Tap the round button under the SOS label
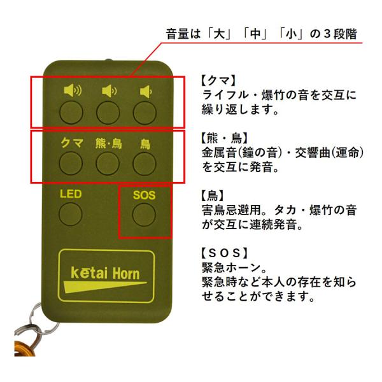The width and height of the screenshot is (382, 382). click(x=144, y=215)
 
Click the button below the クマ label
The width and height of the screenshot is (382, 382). click(x=71, y=163)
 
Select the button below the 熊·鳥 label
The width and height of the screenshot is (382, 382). click(x=108, y=163)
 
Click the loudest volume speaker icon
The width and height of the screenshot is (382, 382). click(x=73, y=90)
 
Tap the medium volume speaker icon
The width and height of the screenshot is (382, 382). click(x=109, y=91)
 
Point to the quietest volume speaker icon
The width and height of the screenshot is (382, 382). click(x=146, y=92)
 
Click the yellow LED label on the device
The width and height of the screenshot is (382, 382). click(x=71, y=194)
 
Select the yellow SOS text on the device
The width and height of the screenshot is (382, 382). click(x=145, y=195)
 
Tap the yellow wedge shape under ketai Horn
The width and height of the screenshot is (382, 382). click(x=97, y=286)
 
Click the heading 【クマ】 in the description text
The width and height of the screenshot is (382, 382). click(x=218, y=80)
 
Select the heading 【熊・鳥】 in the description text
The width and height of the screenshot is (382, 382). click(x=224, y=138)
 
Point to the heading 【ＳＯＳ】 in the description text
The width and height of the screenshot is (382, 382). click(x=224, y=253)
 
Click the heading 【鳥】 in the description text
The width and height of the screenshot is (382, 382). click(x=212, y=195)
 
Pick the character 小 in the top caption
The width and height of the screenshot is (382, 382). click(x=291, y=34)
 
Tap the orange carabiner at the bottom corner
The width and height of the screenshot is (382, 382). click(x=25, y=348)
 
